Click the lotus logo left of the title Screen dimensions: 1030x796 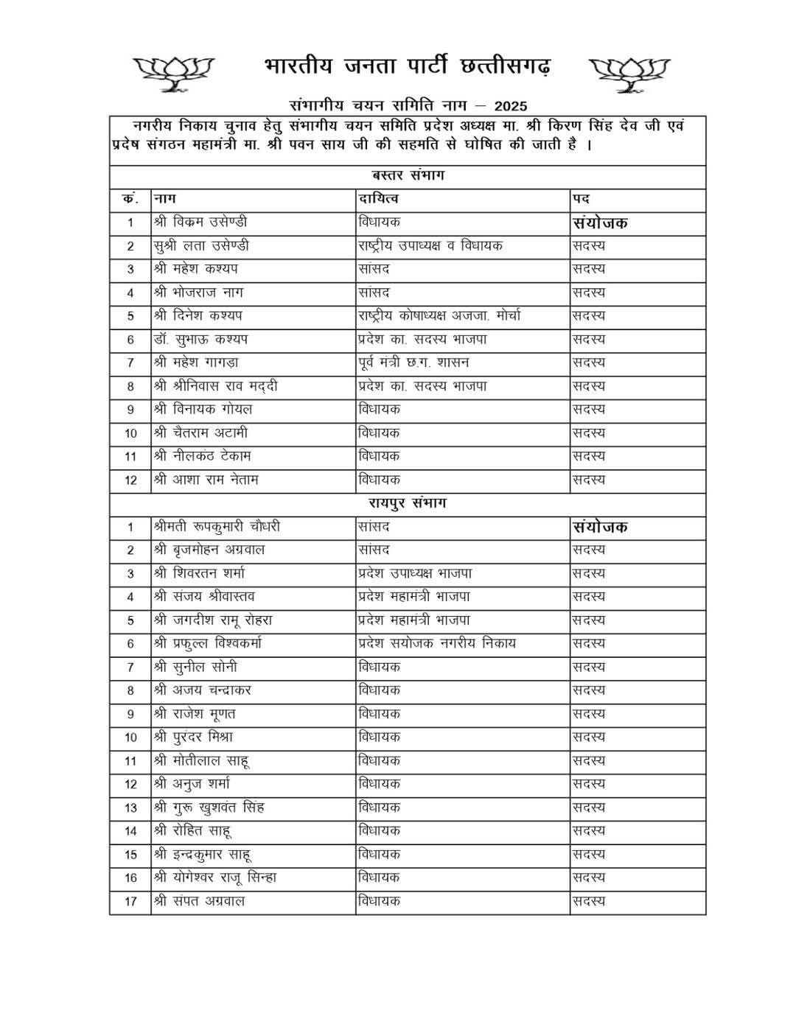(174, 72)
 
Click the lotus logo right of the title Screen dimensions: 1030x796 (629, 73)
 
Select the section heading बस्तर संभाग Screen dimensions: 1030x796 (408, 176)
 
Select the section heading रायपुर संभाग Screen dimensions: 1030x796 (408, 503)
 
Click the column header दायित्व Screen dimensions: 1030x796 (379, 199)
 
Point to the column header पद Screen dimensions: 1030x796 (582, 199)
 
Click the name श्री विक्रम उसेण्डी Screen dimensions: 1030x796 (200, 223)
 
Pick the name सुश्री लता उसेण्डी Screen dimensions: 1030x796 (202, 246)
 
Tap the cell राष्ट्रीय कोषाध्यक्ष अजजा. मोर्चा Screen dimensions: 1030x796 (439, 316)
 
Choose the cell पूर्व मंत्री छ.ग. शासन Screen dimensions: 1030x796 (413, 362)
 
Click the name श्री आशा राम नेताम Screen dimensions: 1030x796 (206, 480)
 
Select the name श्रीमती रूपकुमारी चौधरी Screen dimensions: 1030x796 (217, 527)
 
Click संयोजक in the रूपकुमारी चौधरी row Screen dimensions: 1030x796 (600, 527)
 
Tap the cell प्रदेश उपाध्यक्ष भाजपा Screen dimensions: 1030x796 (415, 573)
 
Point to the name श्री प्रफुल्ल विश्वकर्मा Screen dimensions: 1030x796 (208, 643)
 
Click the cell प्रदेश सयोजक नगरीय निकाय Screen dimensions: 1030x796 (437, 643)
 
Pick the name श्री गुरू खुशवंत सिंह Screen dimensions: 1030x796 (209, 807)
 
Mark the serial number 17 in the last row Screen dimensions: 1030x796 (130, 901)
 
